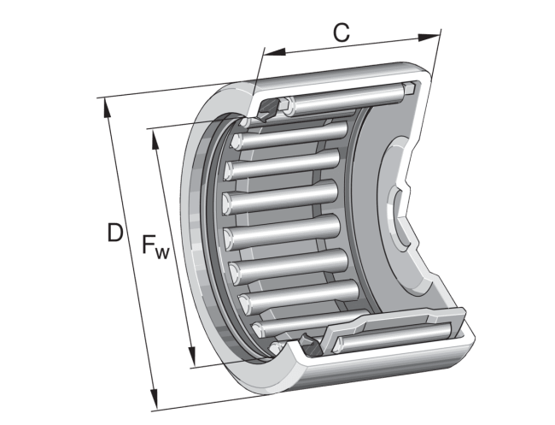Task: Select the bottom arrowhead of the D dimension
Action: (x=156, y=403)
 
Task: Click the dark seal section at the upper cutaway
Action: (x=268, y=110)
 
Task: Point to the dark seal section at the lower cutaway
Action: (x=308, y=345)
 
